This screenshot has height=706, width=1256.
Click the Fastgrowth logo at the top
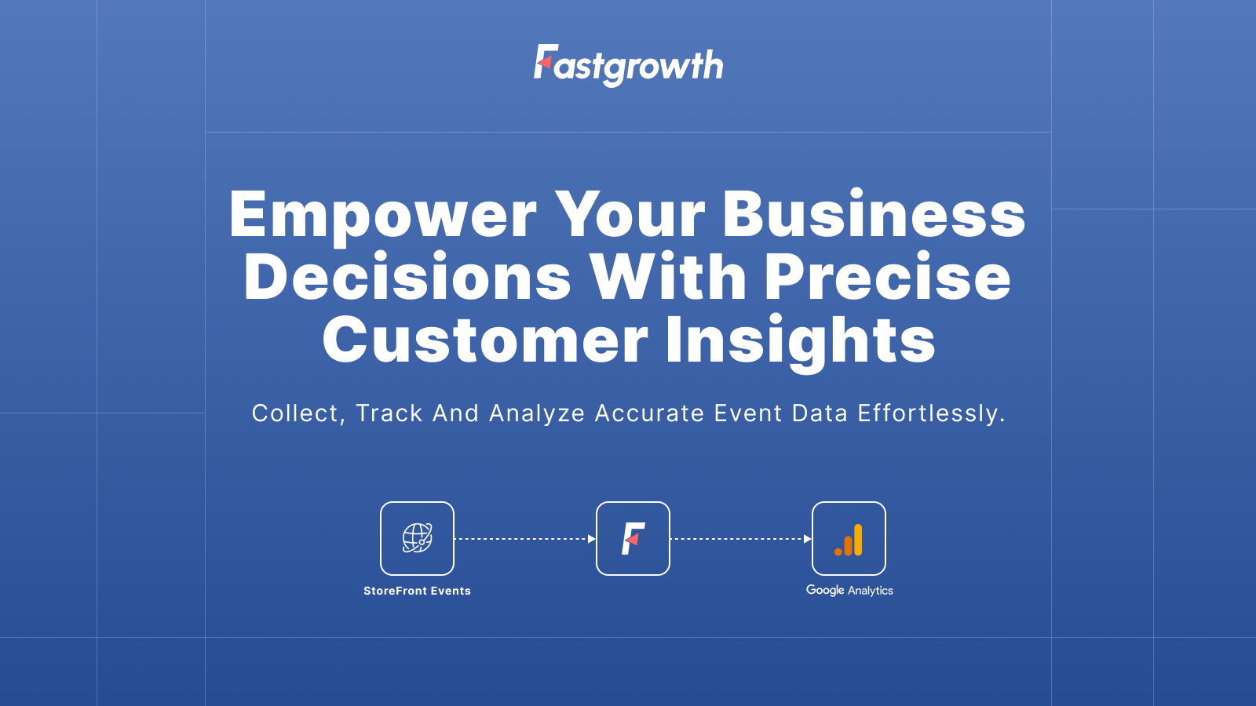coord(628,65)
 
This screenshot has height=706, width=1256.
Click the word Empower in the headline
coord(383,215)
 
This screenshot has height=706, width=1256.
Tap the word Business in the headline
coord(874,215)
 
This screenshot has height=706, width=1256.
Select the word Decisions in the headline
coord(407,278)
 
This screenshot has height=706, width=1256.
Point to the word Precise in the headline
coord(887,278)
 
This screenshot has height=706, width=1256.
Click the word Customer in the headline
coord(485,340)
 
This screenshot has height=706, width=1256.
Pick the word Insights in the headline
coord(800,340)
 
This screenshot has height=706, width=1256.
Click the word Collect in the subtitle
coord(297,413)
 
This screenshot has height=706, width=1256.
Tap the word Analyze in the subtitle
coord(537,413)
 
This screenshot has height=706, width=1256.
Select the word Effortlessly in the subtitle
coord(931,413)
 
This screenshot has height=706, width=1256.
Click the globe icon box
coord(417,538)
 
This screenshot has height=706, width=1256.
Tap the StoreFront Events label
coord(417,591)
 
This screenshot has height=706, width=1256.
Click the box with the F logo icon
coord(633,538)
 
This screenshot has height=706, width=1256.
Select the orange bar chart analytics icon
coord(849,539)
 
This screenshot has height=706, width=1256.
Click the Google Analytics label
coord(849,590)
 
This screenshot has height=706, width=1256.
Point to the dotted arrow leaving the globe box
coord(524,539)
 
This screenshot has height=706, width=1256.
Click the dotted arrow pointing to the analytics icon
coord(740,539)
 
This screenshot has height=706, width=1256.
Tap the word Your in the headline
coord(630,215)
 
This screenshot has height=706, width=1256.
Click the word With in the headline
coord(668,278)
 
